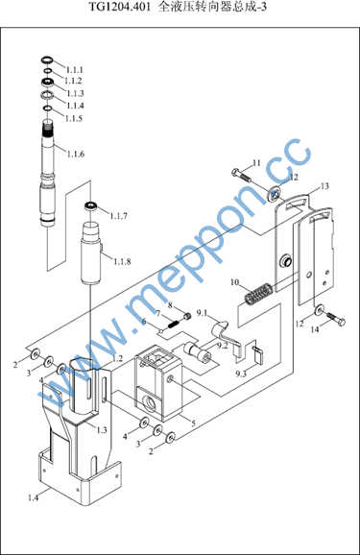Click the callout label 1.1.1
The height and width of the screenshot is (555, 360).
point(74,70)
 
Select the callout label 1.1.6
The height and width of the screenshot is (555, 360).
point(76,154)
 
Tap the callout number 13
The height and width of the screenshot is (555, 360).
point(324,186)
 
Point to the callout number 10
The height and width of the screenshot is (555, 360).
point(234,282)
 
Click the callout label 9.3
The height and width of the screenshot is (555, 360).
point(241,374)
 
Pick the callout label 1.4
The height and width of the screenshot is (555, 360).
point(33,497)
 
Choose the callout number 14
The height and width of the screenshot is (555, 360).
point(315,329)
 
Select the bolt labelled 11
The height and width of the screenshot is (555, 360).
point(241,175)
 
